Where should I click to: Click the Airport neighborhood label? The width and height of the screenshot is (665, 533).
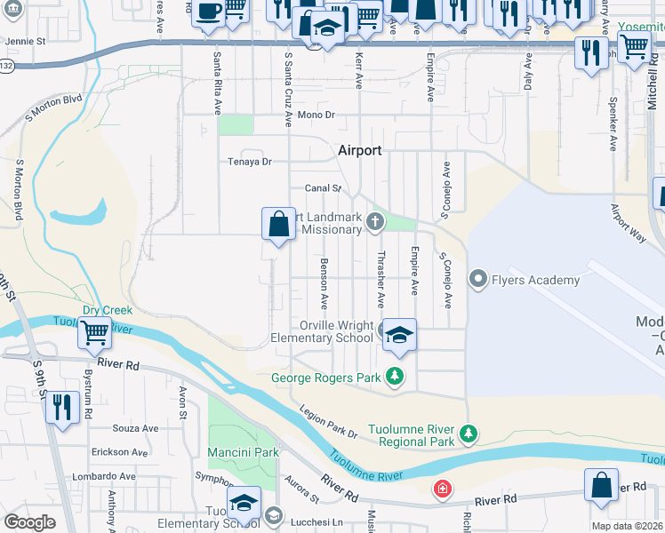[359, 151]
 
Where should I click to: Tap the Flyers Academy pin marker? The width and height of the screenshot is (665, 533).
[478, 280]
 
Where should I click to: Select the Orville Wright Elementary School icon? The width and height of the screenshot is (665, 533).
[400, 334]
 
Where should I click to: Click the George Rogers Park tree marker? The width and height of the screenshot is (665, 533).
[395, 378]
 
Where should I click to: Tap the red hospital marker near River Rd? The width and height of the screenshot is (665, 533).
[442, 489]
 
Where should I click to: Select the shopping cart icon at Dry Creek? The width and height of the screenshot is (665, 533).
[94, 334]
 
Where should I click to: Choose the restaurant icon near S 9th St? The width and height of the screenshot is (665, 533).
[61, 408]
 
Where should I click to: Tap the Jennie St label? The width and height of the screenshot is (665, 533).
[25, 41]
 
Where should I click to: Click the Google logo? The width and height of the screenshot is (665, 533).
[29, 522]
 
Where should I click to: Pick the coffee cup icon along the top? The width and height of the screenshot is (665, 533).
[208, 12]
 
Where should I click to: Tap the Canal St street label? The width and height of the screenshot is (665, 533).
[324, 188]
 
